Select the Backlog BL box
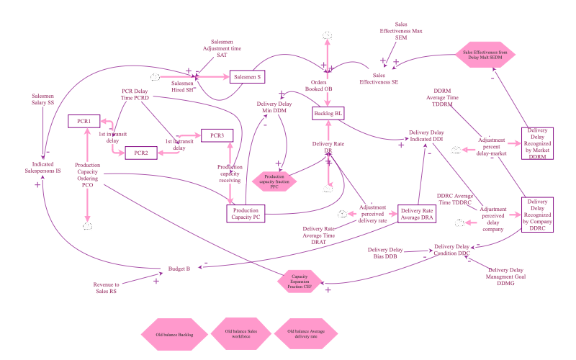coord(328,113)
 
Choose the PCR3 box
coord(217,135)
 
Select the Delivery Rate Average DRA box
coord(418,215)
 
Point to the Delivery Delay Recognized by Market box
coord(538,148)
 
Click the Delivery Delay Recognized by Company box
coord(537,215)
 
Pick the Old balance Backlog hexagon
coord(174,335)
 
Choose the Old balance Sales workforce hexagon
coord(240,335)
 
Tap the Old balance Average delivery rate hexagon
coord(305,335)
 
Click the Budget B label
coord(179,268)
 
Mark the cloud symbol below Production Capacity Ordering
coord(88,226)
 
